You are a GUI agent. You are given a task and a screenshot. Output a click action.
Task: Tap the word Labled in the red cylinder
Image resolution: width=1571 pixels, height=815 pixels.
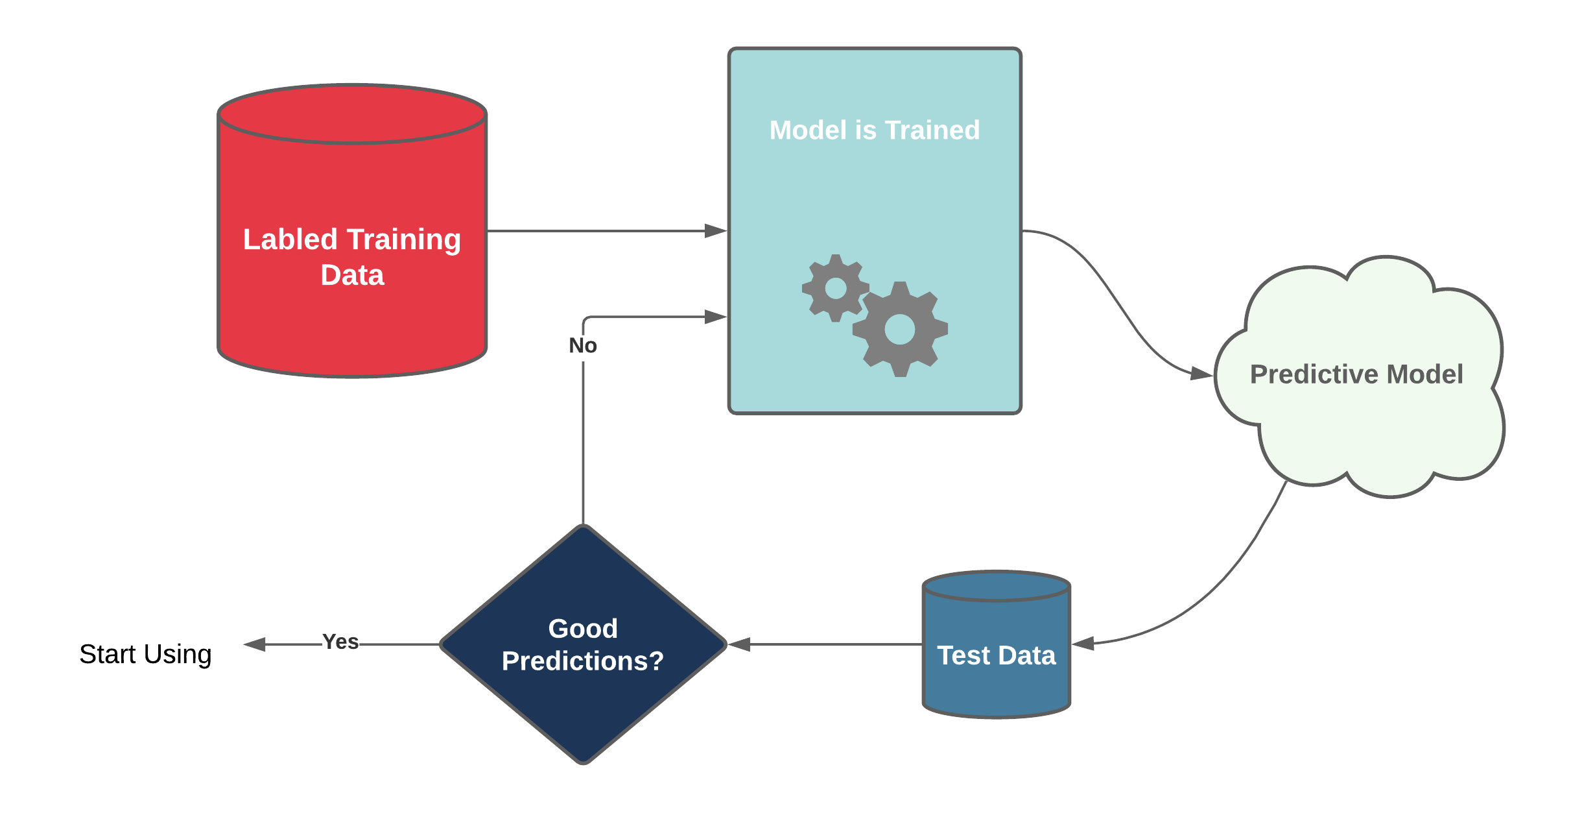(290, 239)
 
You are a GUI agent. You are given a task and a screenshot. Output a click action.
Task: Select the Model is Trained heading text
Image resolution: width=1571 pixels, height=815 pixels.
(874, 130)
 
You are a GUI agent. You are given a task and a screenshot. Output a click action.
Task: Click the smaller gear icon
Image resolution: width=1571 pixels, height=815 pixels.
(835, 288)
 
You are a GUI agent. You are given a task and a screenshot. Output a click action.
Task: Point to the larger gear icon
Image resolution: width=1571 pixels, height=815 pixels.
(900, 330)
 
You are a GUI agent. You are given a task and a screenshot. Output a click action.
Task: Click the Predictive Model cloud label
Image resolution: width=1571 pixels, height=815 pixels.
(1356, 374)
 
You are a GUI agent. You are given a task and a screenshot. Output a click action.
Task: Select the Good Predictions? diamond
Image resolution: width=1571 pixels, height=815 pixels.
(583, 701)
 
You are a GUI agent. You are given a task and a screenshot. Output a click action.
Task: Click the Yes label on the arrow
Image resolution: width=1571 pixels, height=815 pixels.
(340, 642)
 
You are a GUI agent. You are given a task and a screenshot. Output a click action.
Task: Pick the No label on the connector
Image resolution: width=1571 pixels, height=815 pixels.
(582, 346)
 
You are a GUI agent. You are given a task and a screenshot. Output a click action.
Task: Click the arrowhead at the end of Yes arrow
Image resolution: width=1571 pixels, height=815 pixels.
(254, 644)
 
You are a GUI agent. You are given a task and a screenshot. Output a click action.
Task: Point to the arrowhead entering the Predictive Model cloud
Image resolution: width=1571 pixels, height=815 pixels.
(1201, 374)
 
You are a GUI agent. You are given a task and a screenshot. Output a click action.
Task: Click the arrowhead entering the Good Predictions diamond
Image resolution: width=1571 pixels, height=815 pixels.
(739, 644)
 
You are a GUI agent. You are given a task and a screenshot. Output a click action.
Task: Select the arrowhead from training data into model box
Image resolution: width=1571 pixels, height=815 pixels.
(716, 231)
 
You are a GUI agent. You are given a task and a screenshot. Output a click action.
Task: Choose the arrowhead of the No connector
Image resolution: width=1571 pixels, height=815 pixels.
(716, 317)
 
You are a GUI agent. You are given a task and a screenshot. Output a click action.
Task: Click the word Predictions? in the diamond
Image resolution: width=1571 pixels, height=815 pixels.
(583, 661)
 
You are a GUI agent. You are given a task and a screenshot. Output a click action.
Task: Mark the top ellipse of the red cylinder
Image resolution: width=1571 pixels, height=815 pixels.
(352, 114)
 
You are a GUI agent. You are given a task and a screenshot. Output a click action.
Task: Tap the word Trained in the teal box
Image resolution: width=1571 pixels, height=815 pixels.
(932, 130)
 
